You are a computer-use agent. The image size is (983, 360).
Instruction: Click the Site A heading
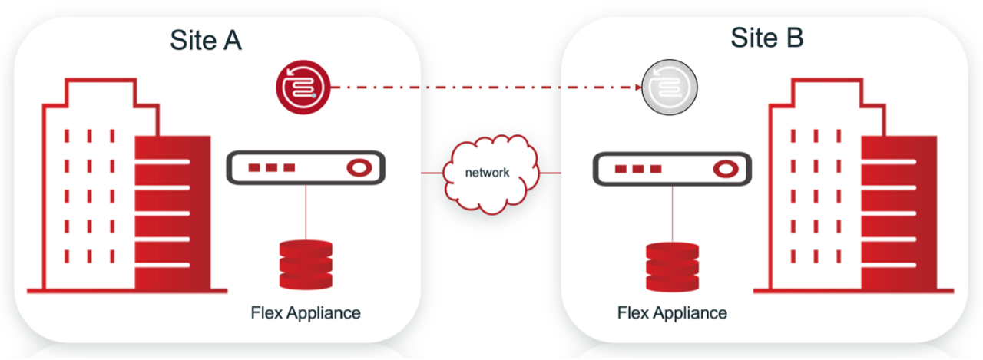[206, 40]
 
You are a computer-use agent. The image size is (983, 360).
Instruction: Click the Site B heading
[766, 37]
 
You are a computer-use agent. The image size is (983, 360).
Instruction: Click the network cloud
[488, 173]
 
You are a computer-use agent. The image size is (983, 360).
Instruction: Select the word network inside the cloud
[488, 173]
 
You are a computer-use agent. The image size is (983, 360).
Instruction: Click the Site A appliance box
[306, 167]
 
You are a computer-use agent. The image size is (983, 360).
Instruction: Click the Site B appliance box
[672, 167]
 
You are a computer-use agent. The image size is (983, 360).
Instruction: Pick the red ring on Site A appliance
[357, 167]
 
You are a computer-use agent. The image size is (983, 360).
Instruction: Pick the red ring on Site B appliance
[723, 167]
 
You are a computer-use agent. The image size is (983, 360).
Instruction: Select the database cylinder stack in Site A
[306, 266]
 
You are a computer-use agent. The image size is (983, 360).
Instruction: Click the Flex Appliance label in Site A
[306, 313]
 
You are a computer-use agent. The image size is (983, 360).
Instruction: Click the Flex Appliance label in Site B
[672, 313]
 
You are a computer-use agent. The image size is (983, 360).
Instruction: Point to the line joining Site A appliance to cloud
[431, 173]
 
